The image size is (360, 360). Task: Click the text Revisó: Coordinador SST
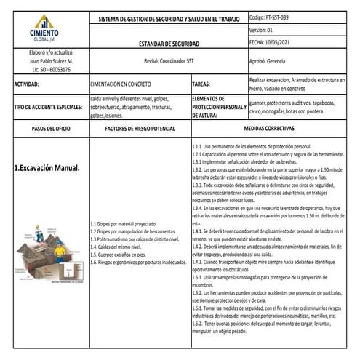(167, 61)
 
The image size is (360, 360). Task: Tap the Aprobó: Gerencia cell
(267, 61)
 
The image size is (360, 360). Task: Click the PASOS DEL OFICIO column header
(45, 127)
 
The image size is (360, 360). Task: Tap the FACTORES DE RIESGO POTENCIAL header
(140, 127)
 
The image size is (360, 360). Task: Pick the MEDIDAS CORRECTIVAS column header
(273, 127)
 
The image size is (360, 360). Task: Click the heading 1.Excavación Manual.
(47, 168)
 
